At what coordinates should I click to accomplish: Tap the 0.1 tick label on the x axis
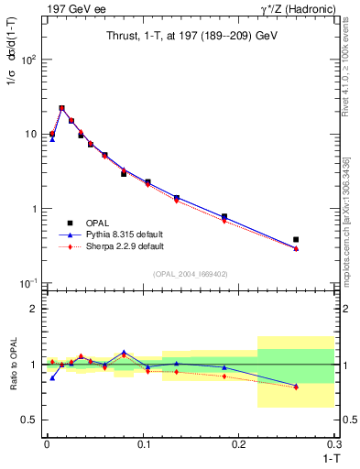pos(143,443)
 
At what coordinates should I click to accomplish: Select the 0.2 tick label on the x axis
pos(239,443)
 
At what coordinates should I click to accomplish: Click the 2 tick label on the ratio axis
pos(33,309)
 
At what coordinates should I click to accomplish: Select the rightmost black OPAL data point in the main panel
pos(296,239)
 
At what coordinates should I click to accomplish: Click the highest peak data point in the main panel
pos(61,108)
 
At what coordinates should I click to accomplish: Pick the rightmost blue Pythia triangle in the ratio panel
pos(296,386)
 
